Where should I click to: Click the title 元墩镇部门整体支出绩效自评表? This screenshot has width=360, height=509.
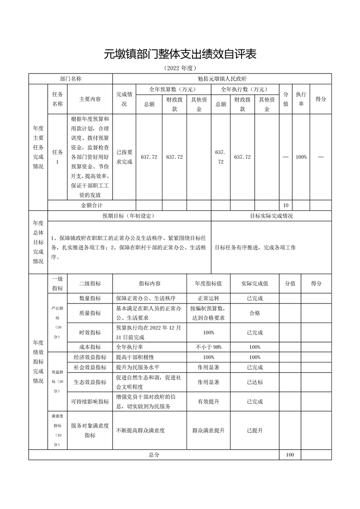(x=180, y=54)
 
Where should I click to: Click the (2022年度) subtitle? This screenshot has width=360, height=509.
(x=180, y=69)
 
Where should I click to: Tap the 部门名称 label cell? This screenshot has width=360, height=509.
(x=70, y=78)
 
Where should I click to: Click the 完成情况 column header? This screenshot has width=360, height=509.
(x=124, y=99)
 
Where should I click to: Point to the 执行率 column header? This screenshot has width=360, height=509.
(x=301, y=99)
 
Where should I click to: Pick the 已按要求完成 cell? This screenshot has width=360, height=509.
(x=124, y=157)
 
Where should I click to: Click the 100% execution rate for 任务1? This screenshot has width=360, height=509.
(x=301, y=157)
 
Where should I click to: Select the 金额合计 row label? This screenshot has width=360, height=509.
(x=91, y=206)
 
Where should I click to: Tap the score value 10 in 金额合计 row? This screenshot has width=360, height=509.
(x=286, y=206)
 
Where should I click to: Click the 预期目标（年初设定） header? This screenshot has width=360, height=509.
(x=129, y=216)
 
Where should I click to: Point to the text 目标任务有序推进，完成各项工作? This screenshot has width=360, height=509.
(x=255, y=247)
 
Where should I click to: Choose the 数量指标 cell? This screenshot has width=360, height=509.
(x=90, y=299)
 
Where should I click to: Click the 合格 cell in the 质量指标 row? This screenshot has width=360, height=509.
(x=255, y=313)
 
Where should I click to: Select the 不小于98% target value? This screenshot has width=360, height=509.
(x=209, y=347)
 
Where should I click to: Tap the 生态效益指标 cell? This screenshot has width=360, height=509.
(x=90, y=382)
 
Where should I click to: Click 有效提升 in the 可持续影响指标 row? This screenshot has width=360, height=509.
(x=209, y=401)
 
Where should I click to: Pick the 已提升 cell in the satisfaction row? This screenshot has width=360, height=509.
(x=255, y=431)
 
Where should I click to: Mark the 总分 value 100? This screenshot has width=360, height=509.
(x=290, y=455)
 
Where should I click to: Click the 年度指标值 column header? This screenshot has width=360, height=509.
(x=209, y=284)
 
